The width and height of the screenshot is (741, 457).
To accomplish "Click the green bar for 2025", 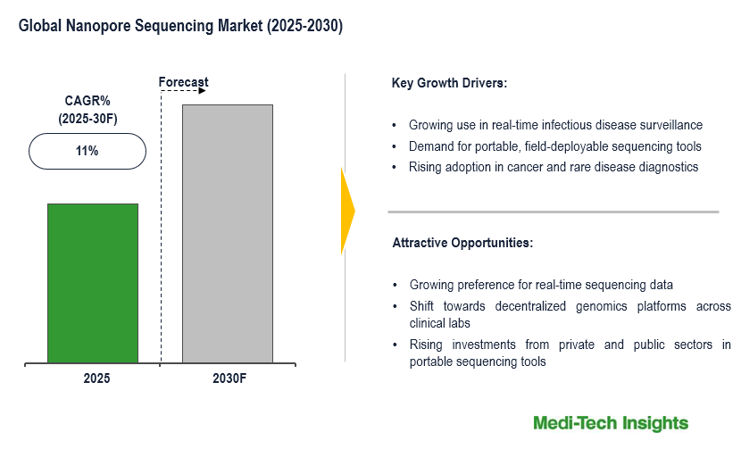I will point(93,283).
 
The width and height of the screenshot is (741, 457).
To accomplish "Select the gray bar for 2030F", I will point(228,234).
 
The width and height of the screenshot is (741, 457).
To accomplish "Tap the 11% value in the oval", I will point(87,151).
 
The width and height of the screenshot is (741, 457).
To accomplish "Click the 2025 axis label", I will point(96,378).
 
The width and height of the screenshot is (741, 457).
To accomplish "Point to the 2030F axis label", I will point(229,378).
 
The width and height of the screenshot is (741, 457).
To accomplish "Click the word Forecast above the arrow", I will point(183,82).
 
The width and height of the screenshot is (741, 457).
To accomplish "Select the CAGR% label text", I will point(87,100).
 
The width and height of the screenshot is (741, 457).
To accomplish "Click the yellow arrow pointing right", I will point(347,211).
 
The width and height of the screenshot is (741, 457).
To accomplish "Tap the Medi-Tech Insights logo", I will point(611,423).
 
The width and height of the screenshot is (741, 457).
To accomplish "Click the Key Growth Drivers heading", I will point(449,83).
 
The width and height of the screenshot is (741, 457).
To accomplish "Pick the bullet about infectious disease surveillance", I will point(555,125).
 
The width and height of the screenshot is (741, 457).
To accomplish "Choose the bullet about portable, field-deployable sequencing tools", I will point(554,145).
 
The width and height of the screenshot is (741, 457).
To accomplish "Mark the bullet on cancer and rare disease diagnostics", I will point(553,167).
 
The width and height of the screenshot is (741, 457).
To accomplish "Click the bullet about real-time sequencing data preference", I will point(541,285).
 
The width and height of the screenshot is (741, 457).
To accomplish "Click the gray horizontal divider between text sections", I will point(553,212).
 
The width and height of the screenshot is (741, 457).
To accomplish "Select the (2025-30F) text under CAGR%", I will point(87,118).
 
